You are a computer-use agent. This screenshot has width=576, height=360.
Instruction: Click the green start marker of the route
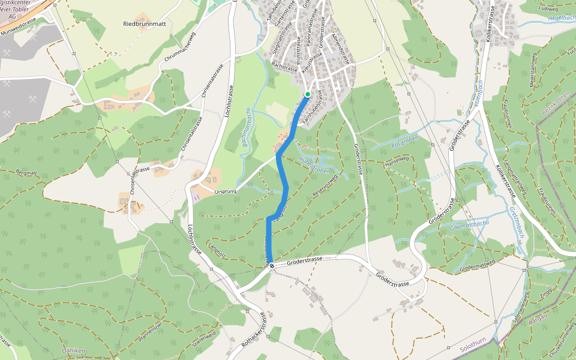click(x=307, y=94)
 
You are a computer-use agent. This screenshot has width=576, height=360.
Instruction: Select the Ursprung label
click(x=226, y=191)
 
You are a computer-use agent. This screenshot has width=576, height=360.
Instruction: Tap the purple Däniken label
click(x=74, y=350)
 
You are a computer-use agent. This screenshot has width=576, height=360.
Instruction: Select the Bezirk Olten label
click(x=548, y=107)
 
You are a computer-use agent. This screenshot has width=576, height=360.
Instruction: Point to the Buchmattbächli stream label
click(x=247, y=131)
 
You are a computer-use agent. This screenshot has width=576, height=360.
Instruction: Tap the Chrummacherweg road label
click(x=179, y=47)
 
